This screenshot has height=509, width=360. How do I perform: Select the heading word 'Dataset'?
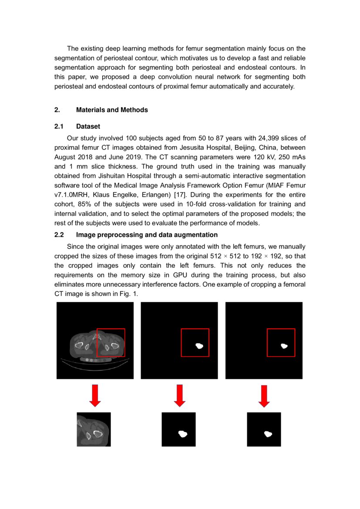(88, 126)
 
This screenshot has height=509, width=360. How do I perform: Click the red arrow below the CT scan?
(95, 395)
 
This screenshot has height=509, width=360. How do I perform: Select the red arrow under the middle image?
(179, 395)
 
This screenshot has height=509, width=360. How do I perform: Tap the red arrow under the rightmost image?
(263, 395)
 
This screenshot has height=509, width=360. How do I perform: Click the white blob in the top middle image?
(200, 346)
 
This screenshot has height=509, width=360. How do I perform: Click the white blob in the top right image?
(284, 346)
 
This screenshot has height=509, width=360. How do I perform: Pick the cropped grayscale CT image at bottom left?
(94, 429)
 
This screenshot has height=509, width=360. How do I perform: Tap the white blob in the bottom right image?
(268, 434)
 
